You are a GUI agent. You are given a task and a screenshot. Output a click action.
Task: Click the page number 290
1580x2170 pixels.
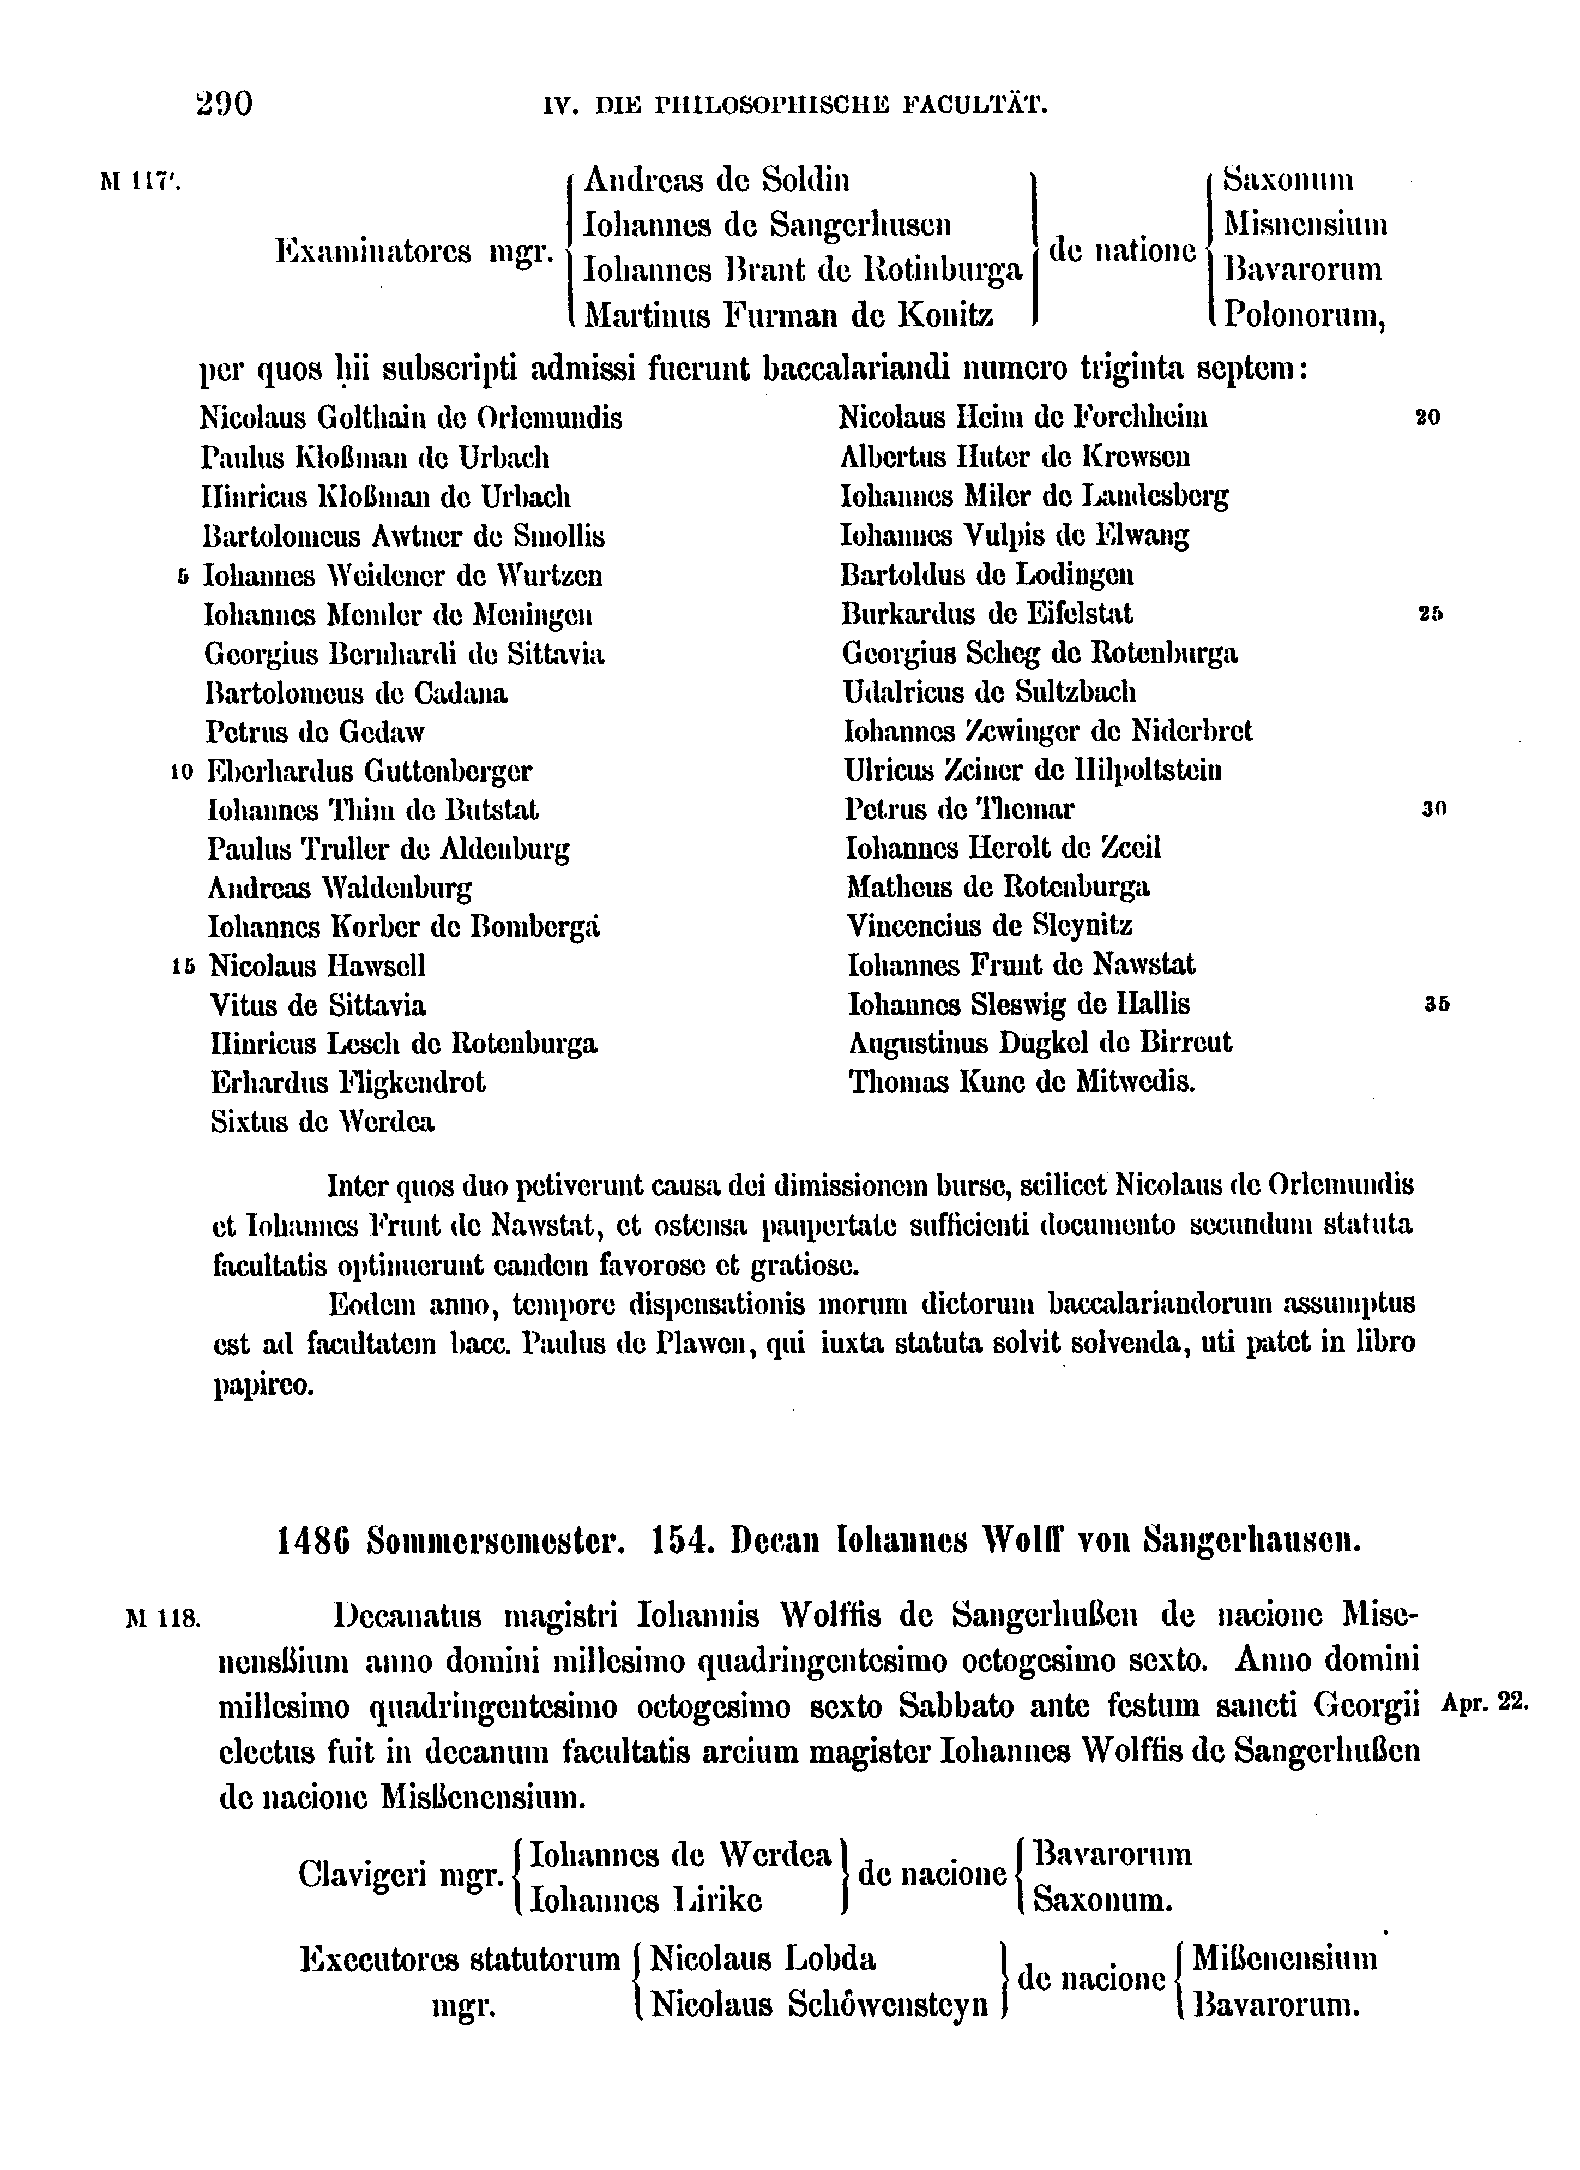[222, 103]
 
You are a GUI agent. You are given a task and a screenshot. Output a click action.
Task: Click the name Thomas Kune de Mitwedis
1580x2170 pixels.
[1022, 1082]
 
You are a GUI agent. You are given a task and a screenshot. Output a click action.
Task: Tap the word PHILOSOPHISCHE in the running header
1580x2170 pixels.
[761, 103]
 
